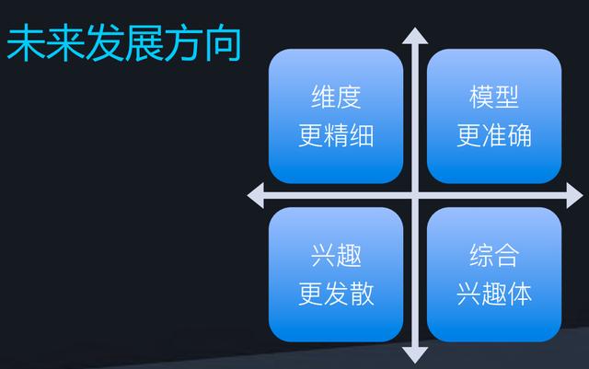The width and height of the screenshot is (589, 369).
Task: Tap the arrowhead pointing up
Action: pos(415,37)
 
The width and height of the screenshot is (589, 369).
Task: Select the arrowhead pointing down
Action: pos(415,354)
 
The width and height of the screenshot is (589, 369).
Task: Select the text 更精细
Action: pos(336,135)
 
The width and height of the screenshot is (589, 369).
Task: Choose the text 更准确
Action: pos(494,135)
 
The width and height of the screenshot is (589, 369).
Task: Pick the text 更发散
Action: pos(336,294)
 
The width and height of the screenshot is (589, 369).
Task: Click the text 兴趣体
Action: pos(494,294)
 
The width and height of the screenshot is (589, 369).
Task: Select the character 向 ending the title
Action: pos(222,45)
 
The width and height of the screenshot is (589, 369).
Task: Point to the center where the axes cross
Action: pos(415,195)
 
